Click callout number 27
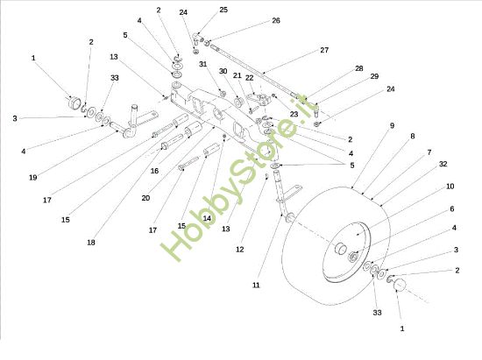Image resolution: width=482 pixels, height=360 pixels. (x=324, y=50)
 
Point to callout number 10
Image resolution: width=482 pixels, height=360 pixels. (x=450, y=187)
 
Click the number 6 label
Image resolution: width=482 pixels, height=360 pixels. (x=450, y=209)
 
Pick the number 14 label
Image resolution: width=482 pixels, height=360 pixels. (x=207, y=218)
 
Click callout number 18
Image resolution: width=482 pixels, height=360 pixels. (x=91, y=242)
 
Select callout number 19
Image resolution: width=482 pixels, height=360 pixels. (x=32, y=178)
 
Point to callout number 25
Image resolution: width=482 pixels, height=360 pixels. (x=223, y=10)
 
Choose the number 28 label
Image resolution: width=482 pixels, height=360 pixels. (x=358, y=68)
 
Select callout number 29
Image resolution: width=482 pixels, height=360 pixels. (x=374, y=78)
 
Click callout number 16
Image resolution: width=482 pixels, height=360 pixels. (x=154, y=173)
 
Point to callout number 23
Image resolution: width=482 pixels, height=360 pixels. (x=294, y=114)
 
